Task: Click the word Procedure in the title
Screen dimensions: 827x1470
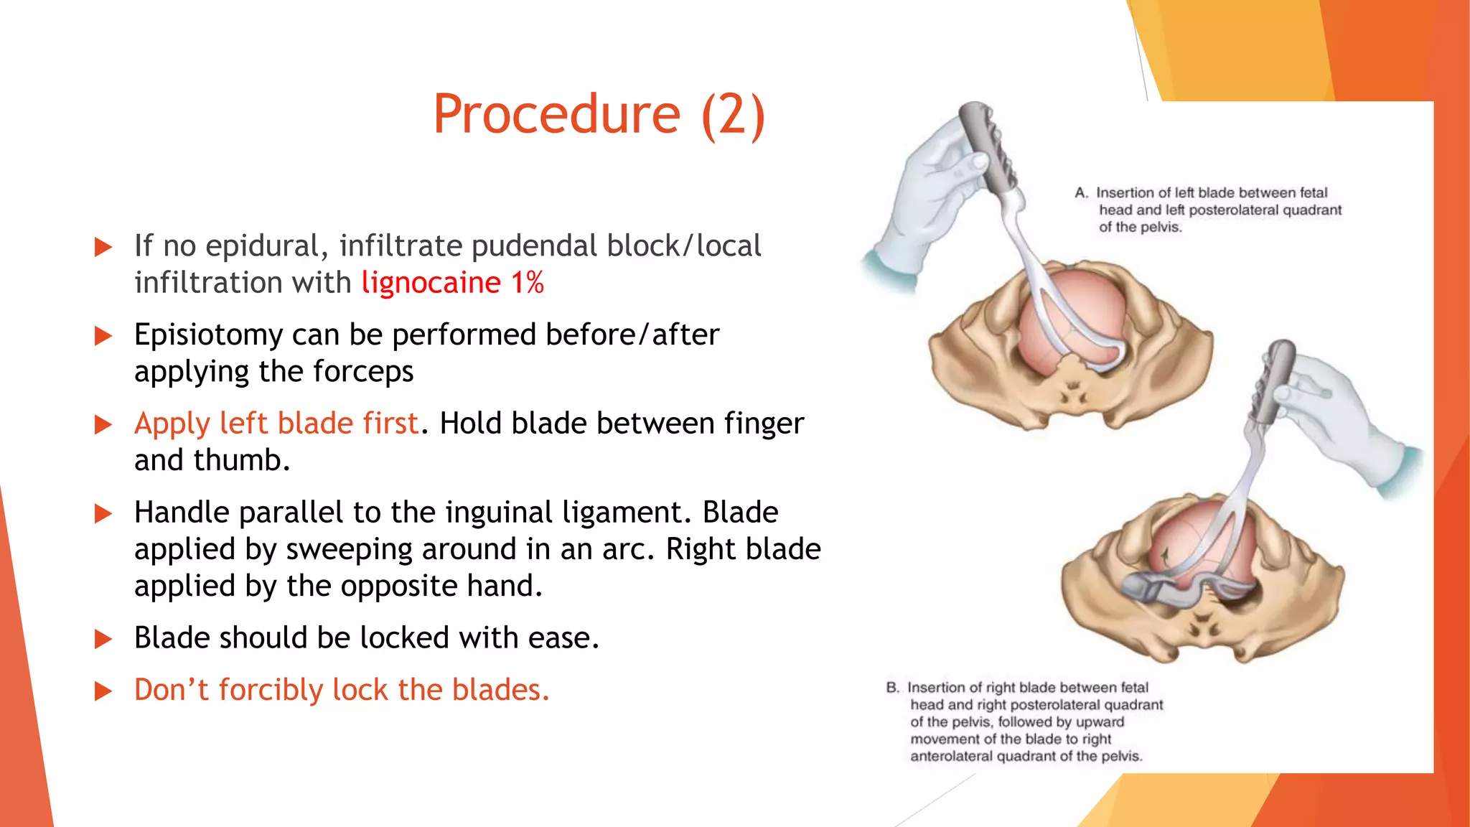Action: pos(556,115)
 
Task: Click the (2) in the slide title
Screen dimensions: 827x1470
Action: pos(733,115)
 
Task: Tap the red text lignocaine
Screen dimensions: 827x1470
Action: pos(431,282)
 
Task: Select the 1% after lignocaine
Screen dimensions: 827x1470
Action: pos(528,282)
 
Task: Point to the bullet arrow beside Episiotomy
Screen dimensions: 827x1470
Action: pos(104,336)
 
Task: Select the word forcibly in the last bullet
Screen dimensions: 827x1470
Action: pos(271,690)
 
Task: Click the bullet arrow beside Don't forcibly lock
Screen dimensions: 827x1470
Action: pos(104,691)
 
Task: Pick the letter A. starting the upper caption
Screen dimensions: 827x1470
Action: pos(1082,193)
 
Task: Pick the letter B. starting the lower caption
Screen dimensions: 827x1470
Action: pos(893,688)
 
